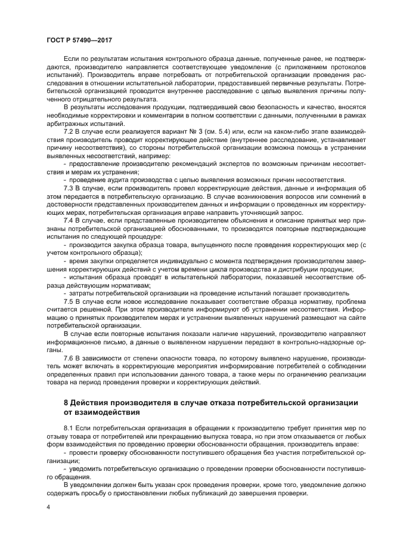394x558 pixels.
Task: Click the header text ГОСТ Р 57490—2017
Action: coord(79,39)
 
